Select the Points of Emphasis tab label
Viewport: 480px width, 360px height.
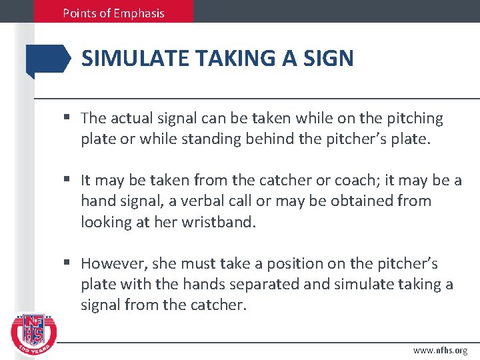113,13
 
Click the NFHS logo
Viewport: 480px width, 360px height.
34,331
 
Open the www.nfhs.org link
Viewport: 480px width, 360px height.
440,350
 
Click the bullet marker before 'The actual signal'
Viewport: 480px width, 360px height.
68,119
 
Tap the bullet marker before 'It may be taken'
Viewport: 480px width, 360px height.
68,180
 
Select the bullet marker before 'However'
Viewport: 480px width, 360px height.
68,263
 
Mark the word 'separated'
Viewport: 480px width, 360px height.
257,284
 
